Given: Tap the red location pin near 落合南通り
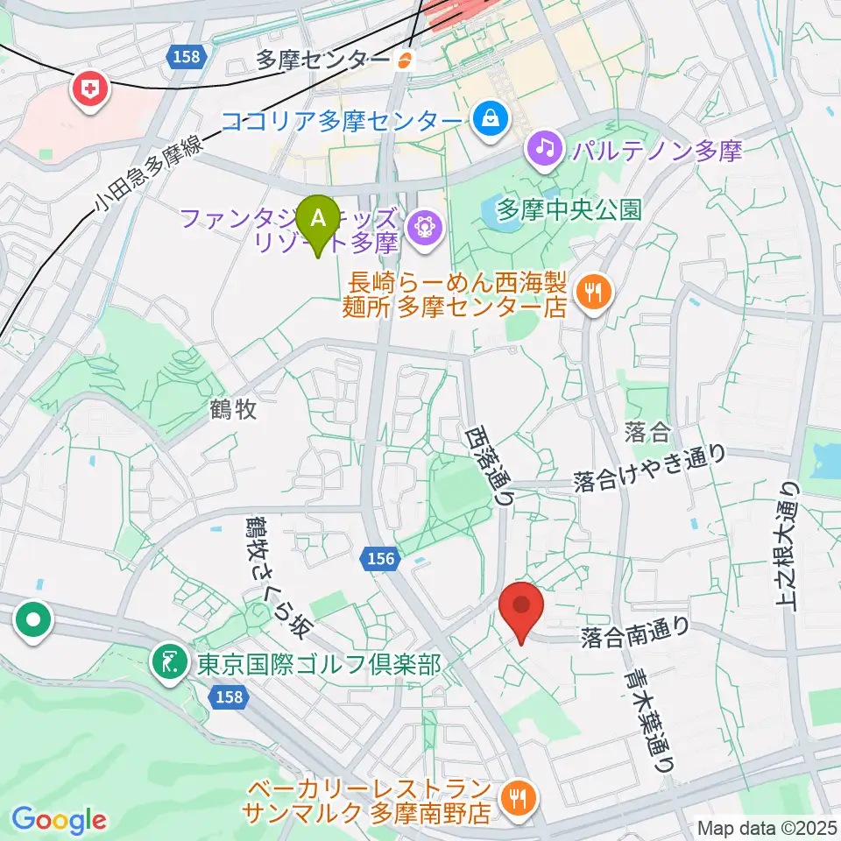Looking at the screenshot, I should click(x=522, y=607).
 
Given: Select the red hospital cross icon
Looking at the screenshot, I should click(x=90, y=88).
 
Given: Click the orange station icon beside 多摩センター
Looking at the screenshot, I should click(x=405, y=60).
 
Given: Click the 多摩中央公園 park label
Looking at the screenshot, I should click(x=569, y=209).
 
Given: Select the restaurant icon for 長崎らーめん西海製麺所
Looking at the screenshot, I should click(x=593, y=293).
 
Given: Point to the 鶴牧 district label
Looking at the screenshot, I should click(x=234, y=409).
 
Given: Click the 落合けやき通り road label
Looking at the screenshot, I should click(x=650, y=469).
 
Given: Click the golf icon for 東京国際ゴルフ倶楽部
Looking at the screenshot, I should click(x=166, y=663).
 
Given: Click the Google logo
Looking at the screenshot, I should click(x=60, y=820).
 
